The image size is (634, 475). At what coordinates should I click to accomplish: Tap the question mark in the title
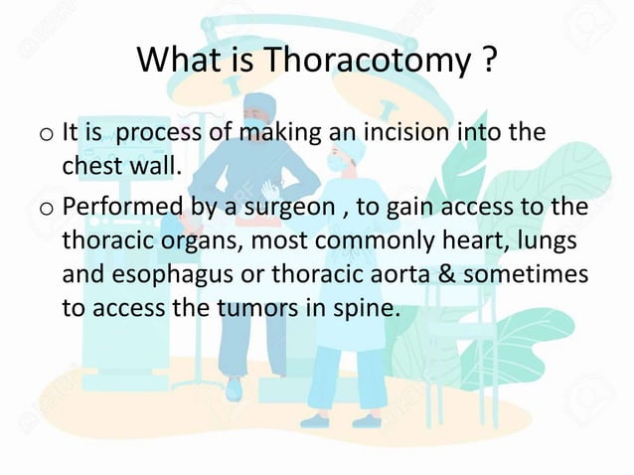coord(486,62)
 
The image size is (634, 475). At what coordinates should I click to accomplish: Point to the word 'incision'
coord(378,132)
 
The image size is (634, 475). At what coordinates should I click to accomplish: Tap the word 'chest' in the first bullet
coord(93,165)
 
